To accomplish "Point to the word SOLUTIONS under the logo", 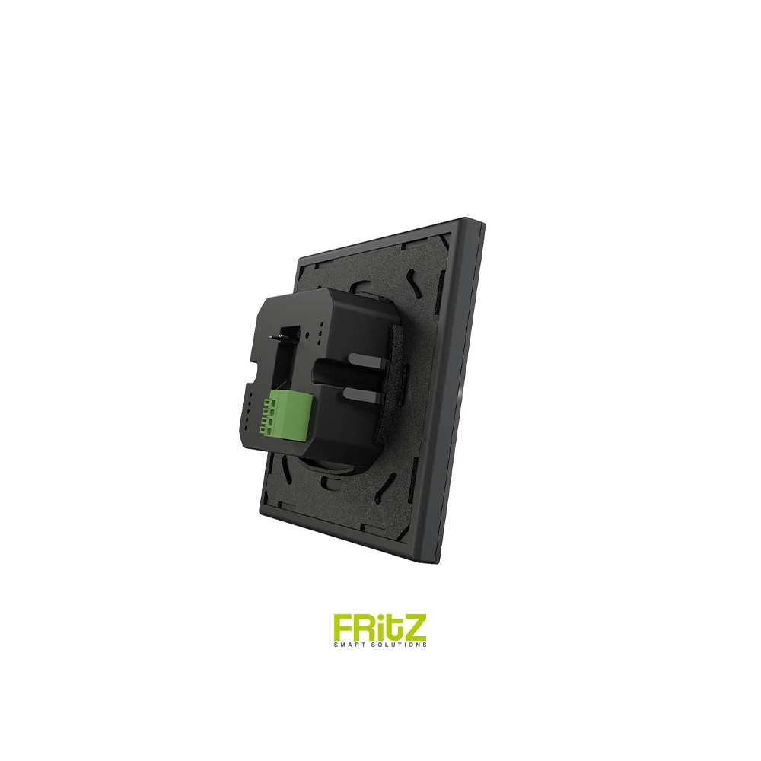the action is (398, 645).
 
